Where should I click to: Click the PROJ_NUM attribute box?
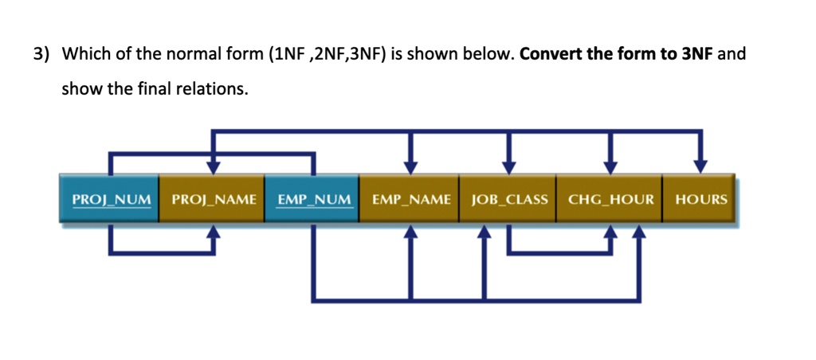click(110, 199)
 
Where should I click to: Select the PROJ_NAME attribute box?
click(213, 199)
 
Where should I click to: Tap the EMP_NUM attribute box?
click(313, 199)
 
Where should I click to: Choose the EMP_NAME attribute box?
click(410, 199)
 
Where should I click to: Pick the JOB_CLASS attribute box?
click(509, 199)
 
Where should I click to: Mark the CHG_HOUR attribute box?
click(610, 199)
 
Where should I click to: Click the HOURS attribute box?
click(700, 199)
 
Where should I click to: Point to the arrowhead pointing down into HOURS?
click(700, 165)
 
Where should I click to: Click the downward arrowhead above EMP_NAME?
click(410, 165)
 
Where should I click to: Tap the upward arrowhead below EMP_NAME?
click(410, 233)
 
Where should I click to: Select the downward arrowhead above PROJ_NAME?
click(213, 165)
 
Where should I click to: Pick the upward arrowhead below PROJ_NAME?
click(213, 233)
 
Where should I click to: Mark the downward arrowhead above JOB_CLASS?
click(509, 165)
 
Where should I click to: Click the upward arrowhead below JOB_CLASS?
click(484, 233)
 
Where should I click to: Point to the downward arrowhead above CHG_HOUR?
click(610, 165)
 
